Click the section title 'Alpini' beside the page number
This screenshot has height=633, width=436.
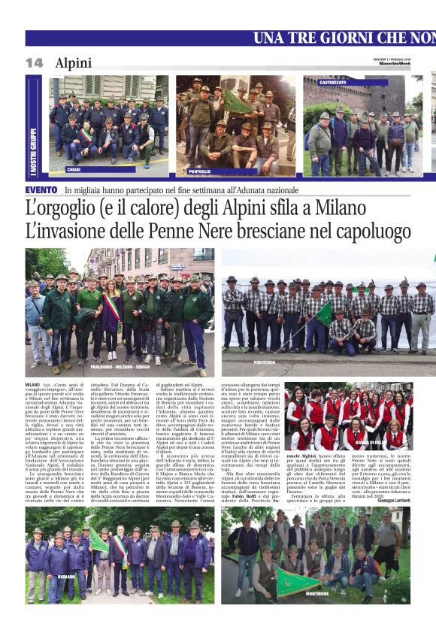[73, 63]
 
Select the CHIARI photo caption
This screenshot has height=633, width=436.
[74, 170]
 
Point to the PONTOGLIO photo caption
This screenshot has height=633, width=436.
[200, 172]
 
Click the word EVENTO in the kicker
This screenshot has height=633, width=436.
[41, 190]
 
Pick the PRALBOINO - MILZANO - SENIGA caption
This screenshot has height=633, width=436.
[111, 367]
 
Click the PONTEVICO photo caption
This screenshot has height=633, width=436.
[264, 362]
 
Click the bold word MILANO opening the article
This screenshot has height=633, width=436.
[32, 385]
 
